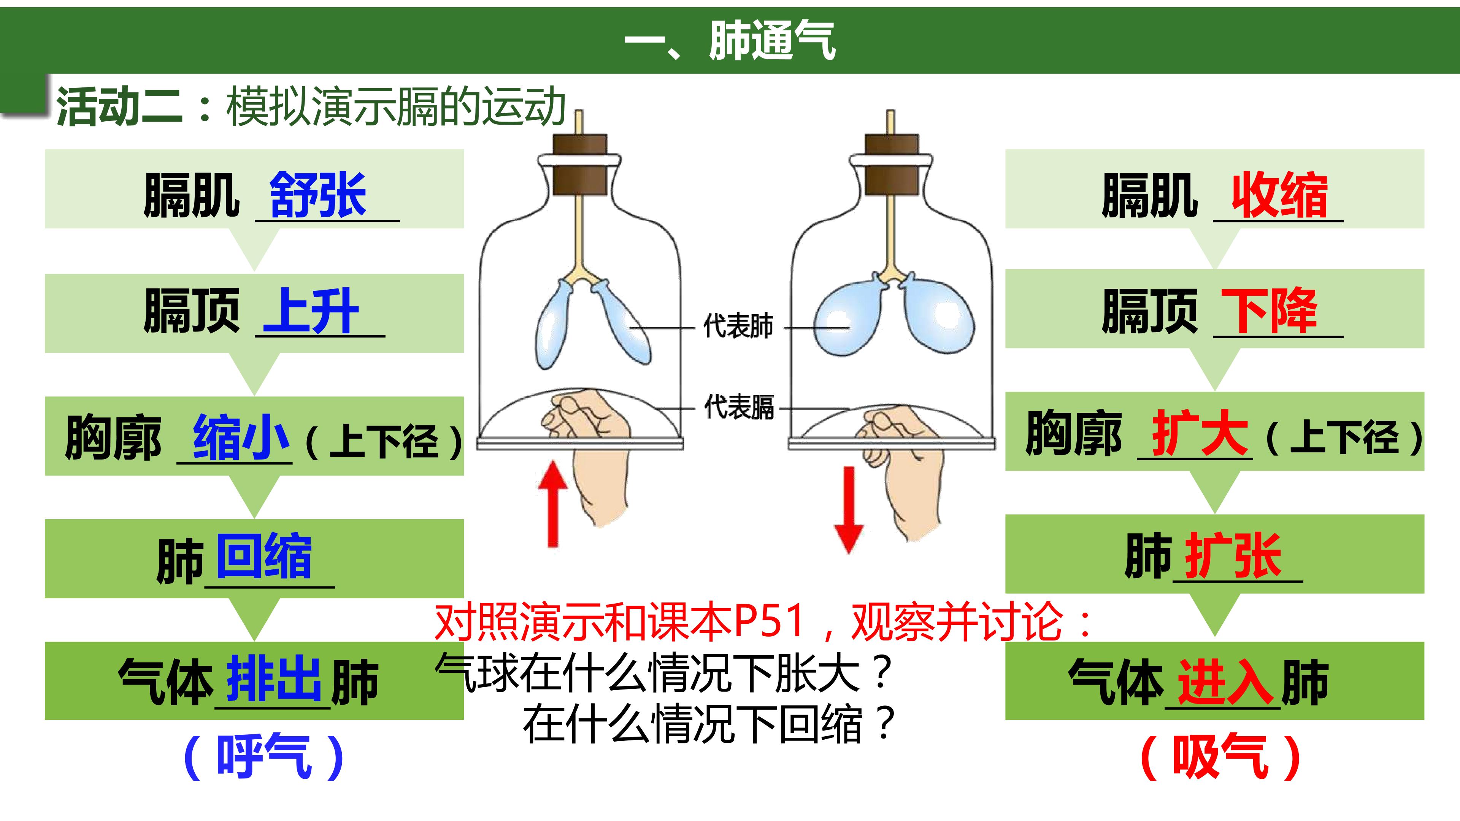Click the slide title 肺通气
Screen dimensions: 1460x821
point(772,40)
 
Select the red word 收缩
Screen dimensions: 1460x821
point(1279,195)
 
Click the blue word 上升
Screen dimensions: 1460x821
point(311,311)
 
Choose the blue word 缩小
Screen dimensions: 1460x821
point(241,436)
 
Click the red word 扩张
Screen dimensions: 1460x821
point(1234,556)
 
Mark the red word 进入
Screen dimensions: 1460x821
point(1226,682)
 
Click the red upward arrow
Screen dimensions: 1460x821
point(552,504)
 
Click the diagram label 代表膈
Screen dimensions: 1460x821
point(738,407)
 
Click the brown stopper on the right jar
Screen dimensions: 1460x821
point(891,164)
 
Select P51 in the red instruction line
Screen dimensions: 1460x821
point(769,621)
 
